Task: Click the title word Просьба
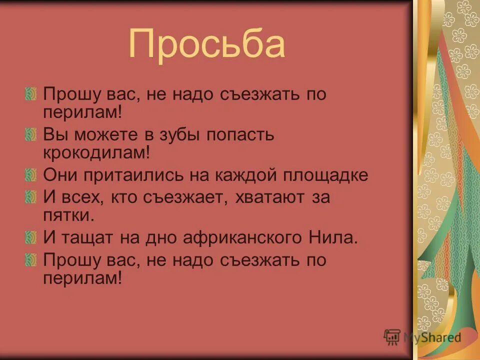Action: [206, 44]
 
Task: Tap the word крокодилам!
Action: [96, 153]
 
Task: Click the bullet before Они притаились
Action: [30, 175]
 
